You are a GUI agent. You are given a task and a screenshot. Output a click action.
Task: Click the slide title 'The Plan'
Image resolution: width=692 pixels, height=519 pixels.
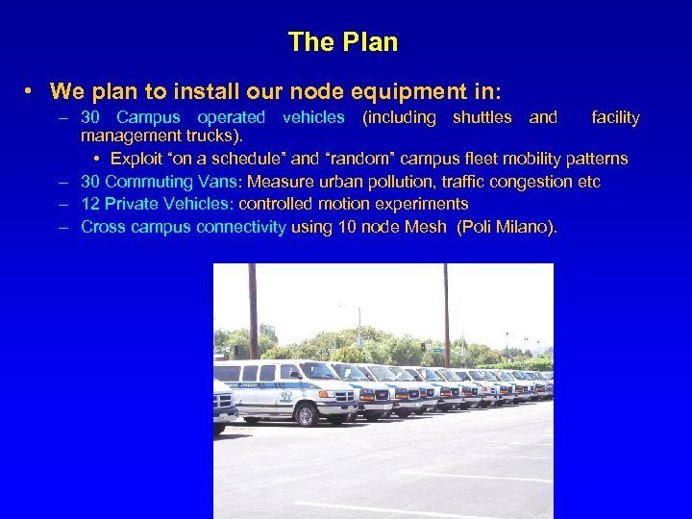(342, 42)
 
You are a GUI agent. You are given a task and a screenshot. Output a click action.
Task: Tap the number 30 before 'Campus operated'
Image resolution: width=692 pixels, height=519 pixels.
(91, 117)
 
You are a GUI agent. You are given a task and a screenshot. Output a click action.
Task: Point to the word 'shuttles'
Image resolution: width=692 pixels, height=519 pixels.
(482, 117)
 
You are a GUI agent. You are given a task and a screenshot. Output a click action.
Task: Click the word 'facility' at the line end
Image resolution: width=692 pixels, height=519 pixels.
(615, 117)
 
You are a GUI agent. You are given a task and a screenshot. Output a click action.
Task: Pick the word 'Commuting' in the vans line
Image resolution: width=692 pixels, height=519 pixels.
(145, 182)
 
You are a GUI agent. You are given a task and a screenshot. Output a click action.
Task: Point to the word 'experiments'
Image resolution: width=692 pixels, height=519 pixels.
(426, 204)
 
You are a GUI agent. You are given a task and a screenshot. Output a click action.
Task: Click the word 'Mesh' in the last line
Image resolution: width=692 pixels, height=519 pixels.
(426, 227)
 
